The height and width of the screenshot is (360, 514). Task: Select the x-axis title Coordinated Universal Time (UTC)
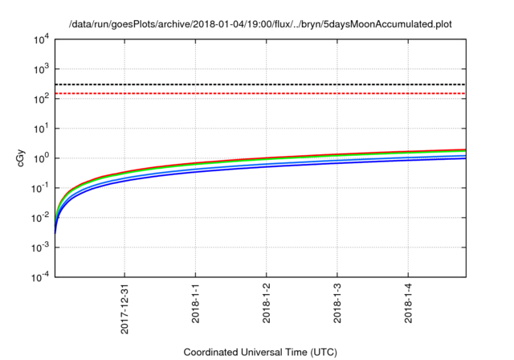260,352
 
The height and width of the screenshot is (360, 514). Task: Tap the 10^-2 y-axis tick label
42,218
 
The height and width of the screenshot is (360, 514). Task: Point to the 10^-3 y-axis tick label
42,247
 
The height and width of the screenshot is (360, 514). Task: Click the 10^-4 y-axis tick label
42,277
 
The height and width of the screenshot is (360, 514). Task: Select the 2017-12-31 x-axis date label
124,306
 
